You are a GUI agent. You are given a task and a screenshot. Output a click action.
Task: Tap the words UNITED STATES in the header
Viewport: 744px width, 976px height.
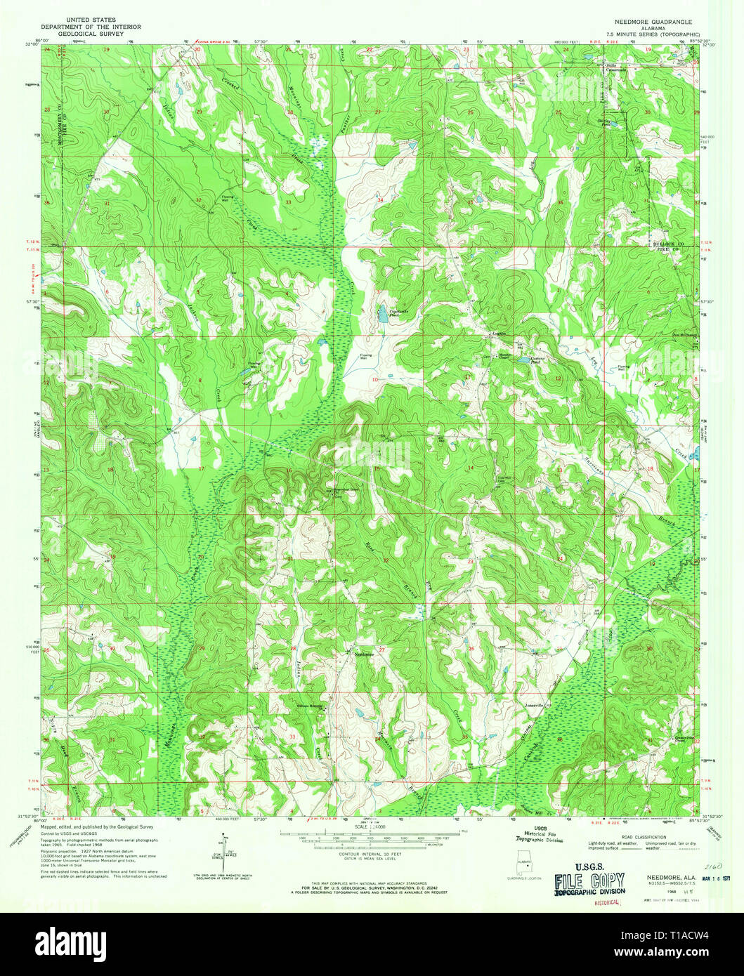point(91,20)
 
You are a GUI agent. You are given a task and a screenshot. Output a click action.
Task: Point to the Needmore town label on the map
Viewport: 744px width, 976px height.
point(363,654)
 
